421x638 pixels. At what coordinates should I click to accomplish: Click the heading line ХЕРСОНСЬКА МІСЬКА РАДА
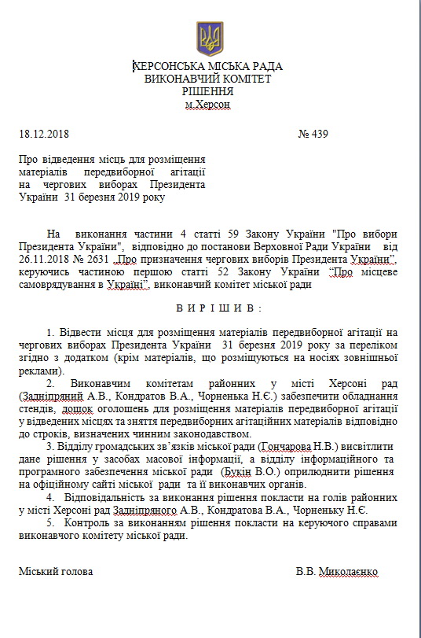[209, 67]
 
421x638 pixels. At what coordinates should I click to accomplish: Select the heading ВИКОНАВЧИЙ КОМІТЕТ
[209, 79]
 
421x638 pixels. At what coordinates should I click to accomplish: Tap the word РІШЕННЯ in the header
[209, 92]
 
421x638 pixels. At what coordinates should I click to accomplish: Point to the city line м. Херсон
[208, 105]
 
